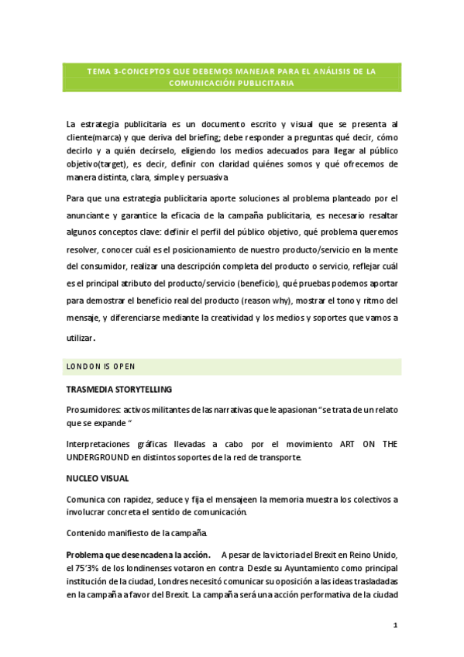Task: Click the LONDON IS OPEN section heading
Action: [x=102, y=366]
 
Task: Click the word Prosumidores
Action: [x=93, y=409]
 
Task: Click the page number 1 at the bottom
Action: [x=394, y=624]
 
